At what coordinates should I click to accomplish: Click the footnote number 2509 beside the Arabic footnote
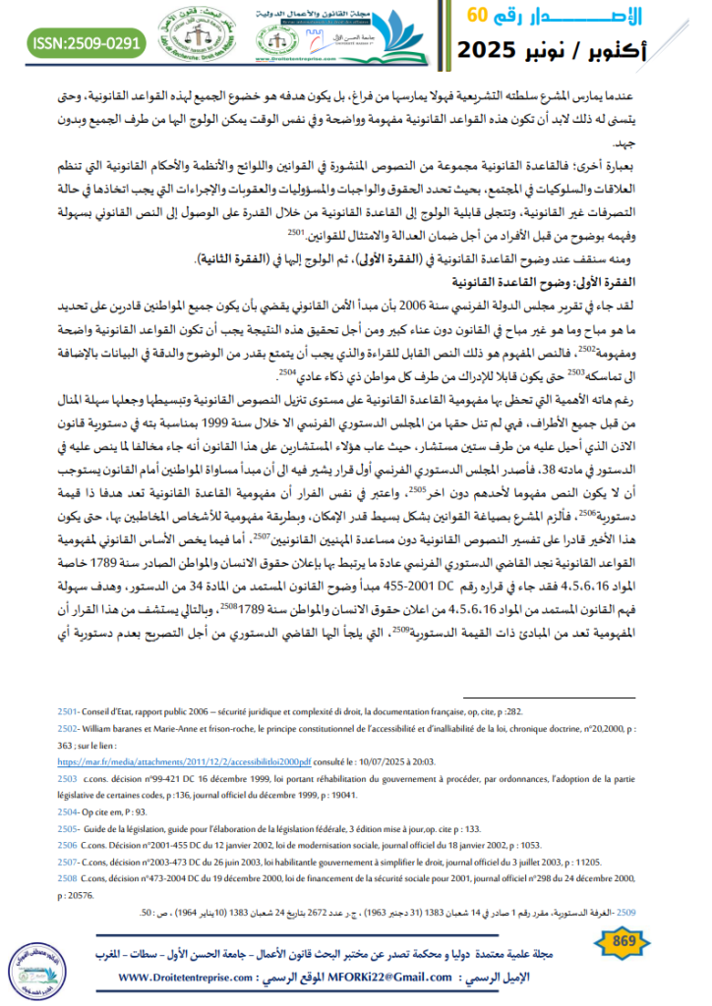(627, 912)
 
